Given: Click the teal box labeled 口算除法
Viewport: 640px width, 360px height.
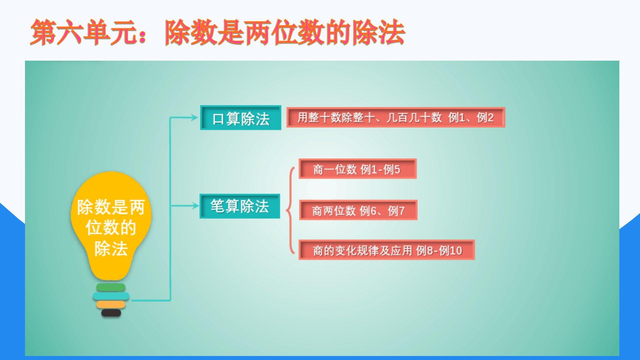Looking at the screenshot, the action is (240, 118).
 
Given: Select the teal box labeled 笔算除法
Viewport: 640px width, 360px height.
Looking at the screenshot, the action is (240, 206).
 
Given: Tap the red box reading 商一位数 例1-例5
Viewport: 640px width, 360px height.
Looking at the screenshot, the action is (358, 169).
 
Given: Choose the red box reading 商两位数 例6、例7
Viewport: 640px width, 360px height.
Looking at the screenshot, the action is (358, 210).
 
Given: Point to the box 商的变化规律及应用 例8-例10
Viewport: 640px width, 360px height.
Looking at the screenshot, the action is (387, 250).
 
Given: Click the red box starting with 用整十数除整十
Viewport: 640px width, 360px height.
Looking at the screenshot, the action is (396, 117).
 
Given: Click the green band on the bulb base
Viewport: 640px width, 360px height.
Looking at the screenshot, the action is (111, 287).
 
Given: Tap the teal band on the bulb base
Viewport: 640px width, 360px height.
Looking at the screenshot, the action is (111, 296).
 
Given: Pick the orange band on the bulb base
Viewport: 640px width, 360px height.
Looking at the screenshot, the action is (111, 304).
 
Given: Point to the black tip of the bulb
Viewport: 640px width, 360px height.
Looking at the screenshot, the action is (111, 313).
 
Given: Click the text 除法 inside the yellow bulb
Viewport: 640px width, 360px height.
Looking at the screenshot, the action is (111, 248).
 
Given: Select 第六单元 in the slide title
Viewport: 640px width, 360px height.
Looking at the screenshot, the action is (83, 32).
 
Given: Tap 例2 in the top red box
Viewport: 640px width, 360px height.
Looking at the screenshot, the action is (485, 117).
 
